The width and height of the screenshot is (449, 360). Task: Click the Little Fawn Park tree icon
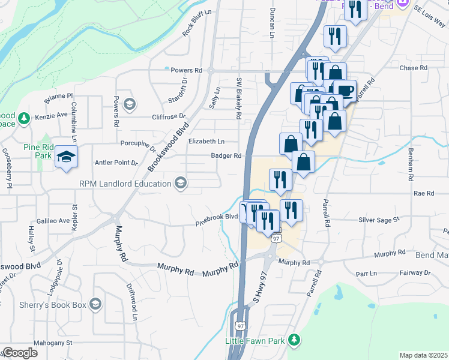tap(294, 340)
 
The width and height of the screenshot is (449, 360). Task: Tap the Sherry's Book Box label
tap(53, 305)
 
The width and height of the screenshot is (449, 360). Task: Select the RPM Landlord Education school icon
tap(180, 182)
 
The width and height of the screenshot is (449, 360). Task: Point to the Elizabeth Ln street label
tap(206, 142)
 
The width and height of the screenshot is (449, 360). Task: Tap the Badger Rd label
tap(226, 156)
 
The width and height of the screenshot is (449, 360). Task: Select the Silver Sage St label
tap(379, 220)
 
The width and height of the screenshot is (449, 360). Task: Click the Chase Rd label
tap(413, 68)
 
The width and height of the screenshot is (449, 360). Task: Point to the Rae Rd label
tap(424, 193)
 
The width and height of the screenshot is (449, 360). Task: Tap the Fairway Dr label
tap(418, 272)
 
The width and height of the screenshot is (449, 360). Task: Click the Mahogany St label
tap(52, 343)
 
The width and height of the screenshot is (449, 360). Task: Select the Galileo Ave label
tap(53, 221)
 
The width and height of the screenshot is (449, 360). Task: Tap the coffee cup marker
tap(345, 91)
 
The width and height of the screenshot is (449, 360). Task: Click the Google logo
tap(20, 353)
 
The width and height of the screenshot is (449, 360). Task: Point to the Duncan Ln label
tap(272, 23)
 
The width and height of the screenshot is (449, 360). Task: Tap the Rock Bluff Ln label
tap(197, 23)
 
